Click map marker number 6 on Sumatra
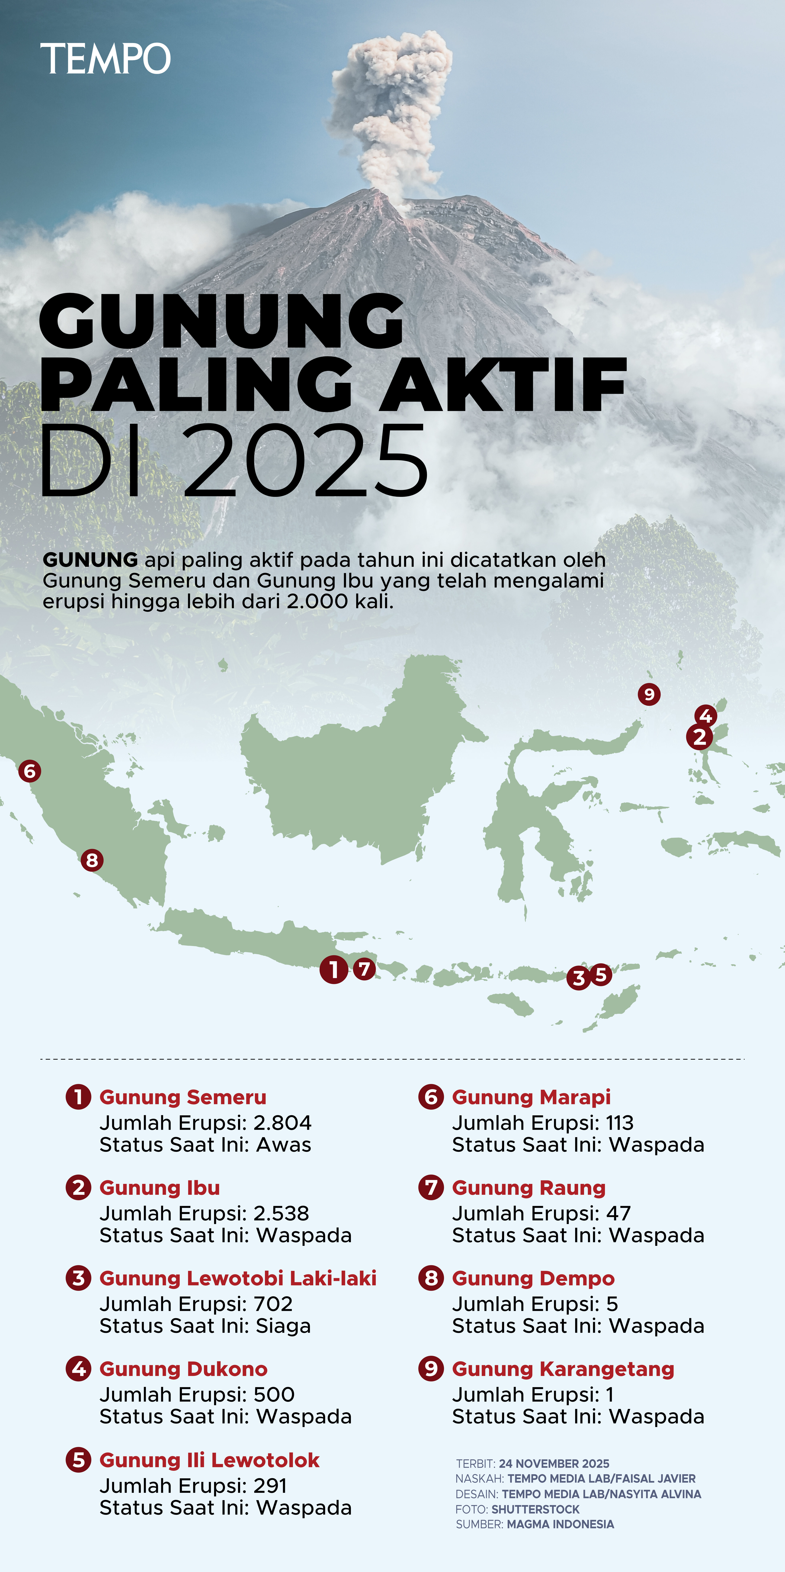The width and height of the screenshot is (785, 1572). pos(29,771)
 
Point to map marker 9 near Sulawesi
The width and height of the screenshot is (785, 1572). pos(649,694)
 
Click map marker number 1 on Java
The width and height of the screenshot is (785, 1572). pos(333,969)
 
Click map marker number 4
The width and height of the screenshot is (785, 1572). pos(706,715)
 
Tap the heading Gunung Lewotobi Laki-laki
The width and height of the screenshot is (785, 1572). pos(237,1278)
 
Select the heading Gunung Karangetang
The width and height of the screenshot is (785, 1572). pos(563,1369)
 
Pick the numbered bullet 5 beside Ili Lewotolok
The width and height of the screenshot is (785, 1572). pos(78,1460)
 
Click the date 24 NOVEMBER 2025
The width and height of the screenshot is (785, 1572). pos(554,1463)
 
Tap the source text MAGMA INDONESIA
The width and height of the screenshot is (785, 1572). pos(560,1524)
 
